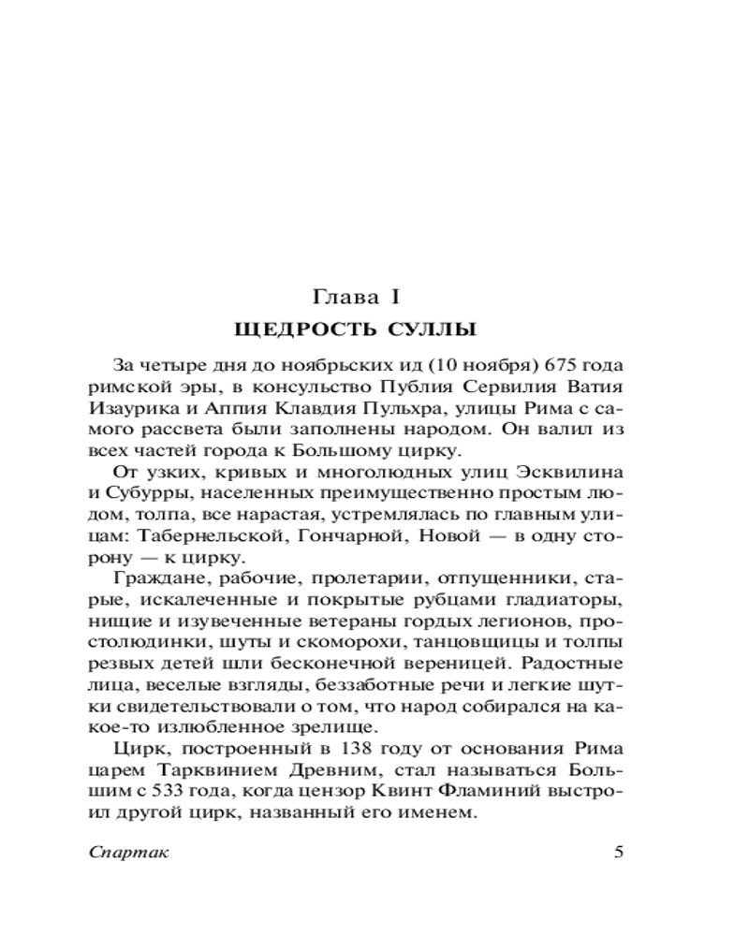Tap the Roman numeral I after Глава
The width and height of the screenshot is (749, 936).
pyautogui.click(x=396, y=299)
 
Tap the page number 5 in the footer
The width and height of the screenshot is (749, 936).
pyautogui.click(x=617, y=853)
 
